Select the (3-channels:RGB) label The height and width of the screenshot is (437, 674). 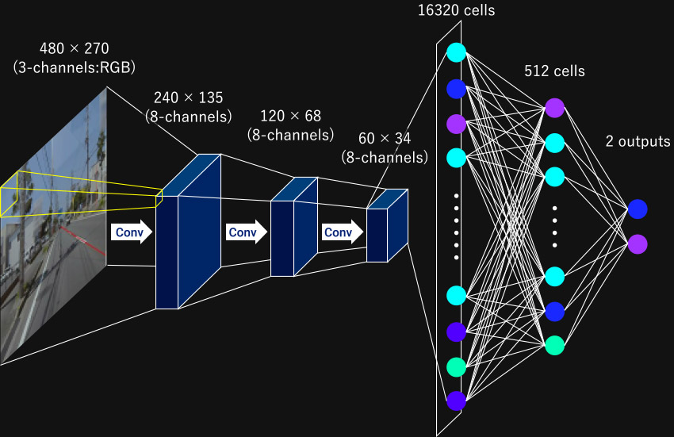(68, 67)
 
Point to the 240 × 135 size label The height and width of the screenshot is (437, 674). (188, 98)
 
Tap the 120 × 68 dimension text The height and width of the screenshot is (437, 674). (290, 117)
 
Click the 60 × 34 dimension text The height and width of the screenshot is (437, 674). (384, 139)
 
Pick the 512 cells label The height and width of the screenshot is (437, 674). (554, 71)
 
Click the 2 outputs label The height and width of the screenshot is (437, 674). (637, 141)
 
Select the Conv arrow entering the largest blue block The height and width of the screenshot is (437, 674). (131, 232)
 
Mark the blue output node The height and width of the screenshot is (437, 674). (638, 209)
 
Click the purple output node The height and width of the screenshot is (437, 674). (638, 243)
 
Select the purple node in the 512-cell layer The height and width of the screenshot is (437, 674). (554, 107)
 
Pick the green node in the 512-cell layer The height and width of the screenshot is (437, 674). (554, 345)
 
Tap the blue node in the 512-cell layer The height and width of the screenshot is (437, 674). (554, 312)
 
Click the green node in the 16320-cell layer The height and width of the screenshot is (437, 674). (456, 366)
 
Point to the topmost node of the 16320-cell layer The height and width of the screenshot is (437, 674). (456, 52)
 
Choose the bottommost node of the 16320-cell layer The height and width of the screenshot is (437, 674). (456, 401)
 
